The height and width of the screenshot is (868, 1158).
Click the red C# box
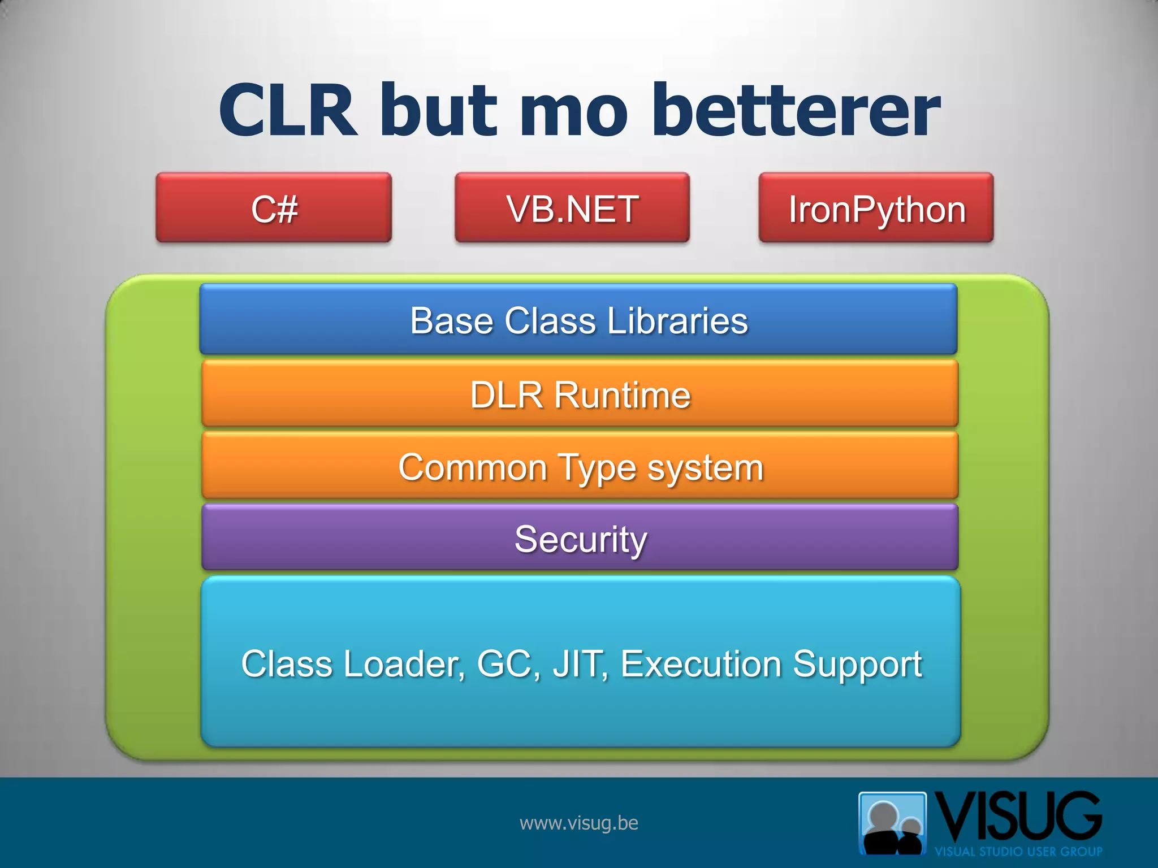(274, 208)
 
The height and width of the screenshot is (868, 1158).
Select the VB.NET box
(572, 208)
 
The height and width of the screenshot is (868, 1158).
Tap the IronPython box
(876, 208)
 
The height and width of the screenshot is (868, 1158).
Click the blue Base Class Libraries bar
(578, 320)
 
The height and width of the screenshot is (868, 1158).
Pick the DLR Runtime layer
(580, 394)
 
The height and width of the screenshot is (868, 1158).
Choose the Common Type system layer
(580, 466)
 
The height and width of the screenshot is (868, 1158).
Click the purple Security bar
(580, 538)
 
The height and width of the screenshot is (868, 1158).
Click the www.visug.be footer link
(578, 823)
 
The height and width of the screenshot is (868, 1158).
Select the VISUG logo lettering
(1018, 817)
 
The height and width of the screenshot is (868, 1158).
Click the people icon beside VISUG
(892, 823)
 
